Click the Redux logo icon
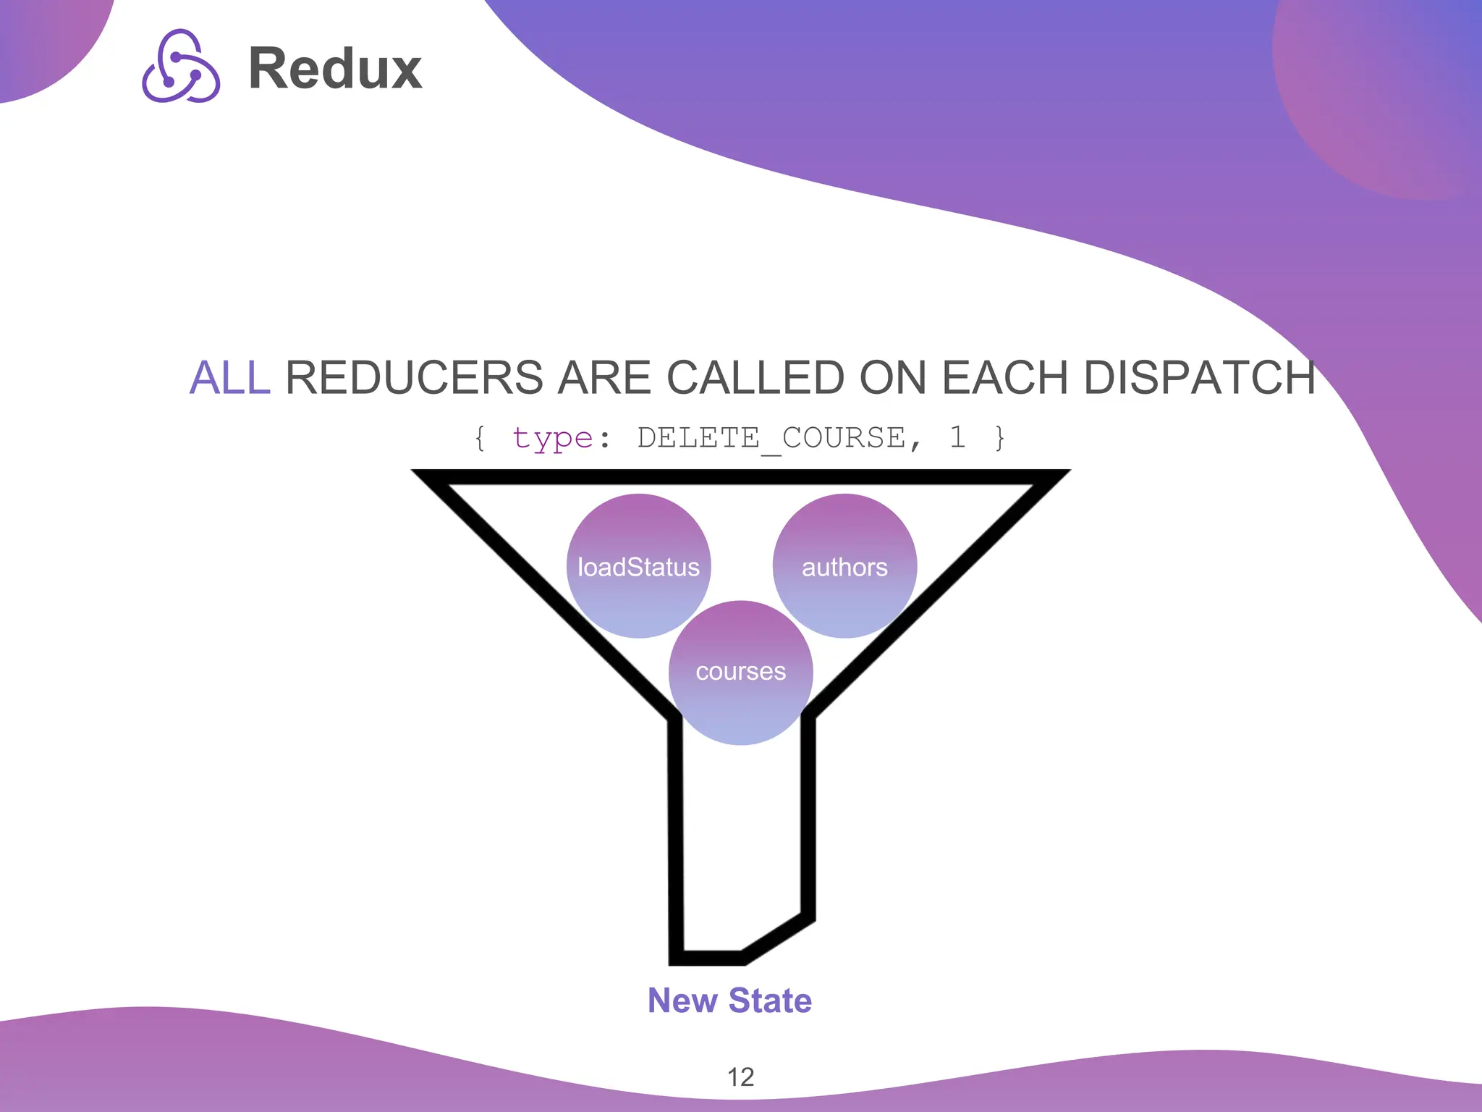point(181,67)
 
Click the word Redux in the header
point(335,69)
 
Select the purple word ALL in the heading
point(229,378)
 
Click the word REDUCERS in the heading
point(414,378)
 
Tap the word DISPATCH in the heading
point(1199,378)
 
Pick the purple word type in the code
point(552,438)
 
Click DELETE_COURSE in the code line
point(771,438)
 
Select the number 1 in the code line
point(957,437)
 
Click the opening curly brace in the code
point(480,438)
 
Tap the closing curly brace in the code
point(999,438)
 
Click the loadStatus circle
point(638,566)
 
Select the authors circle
point(844,566)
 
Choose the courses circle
point(740,672)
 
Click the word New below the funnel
point(682,1001)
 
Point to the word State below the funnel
point(770,1001)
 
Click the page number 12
point(740,1077)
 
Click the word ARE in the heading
point(604,378)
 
